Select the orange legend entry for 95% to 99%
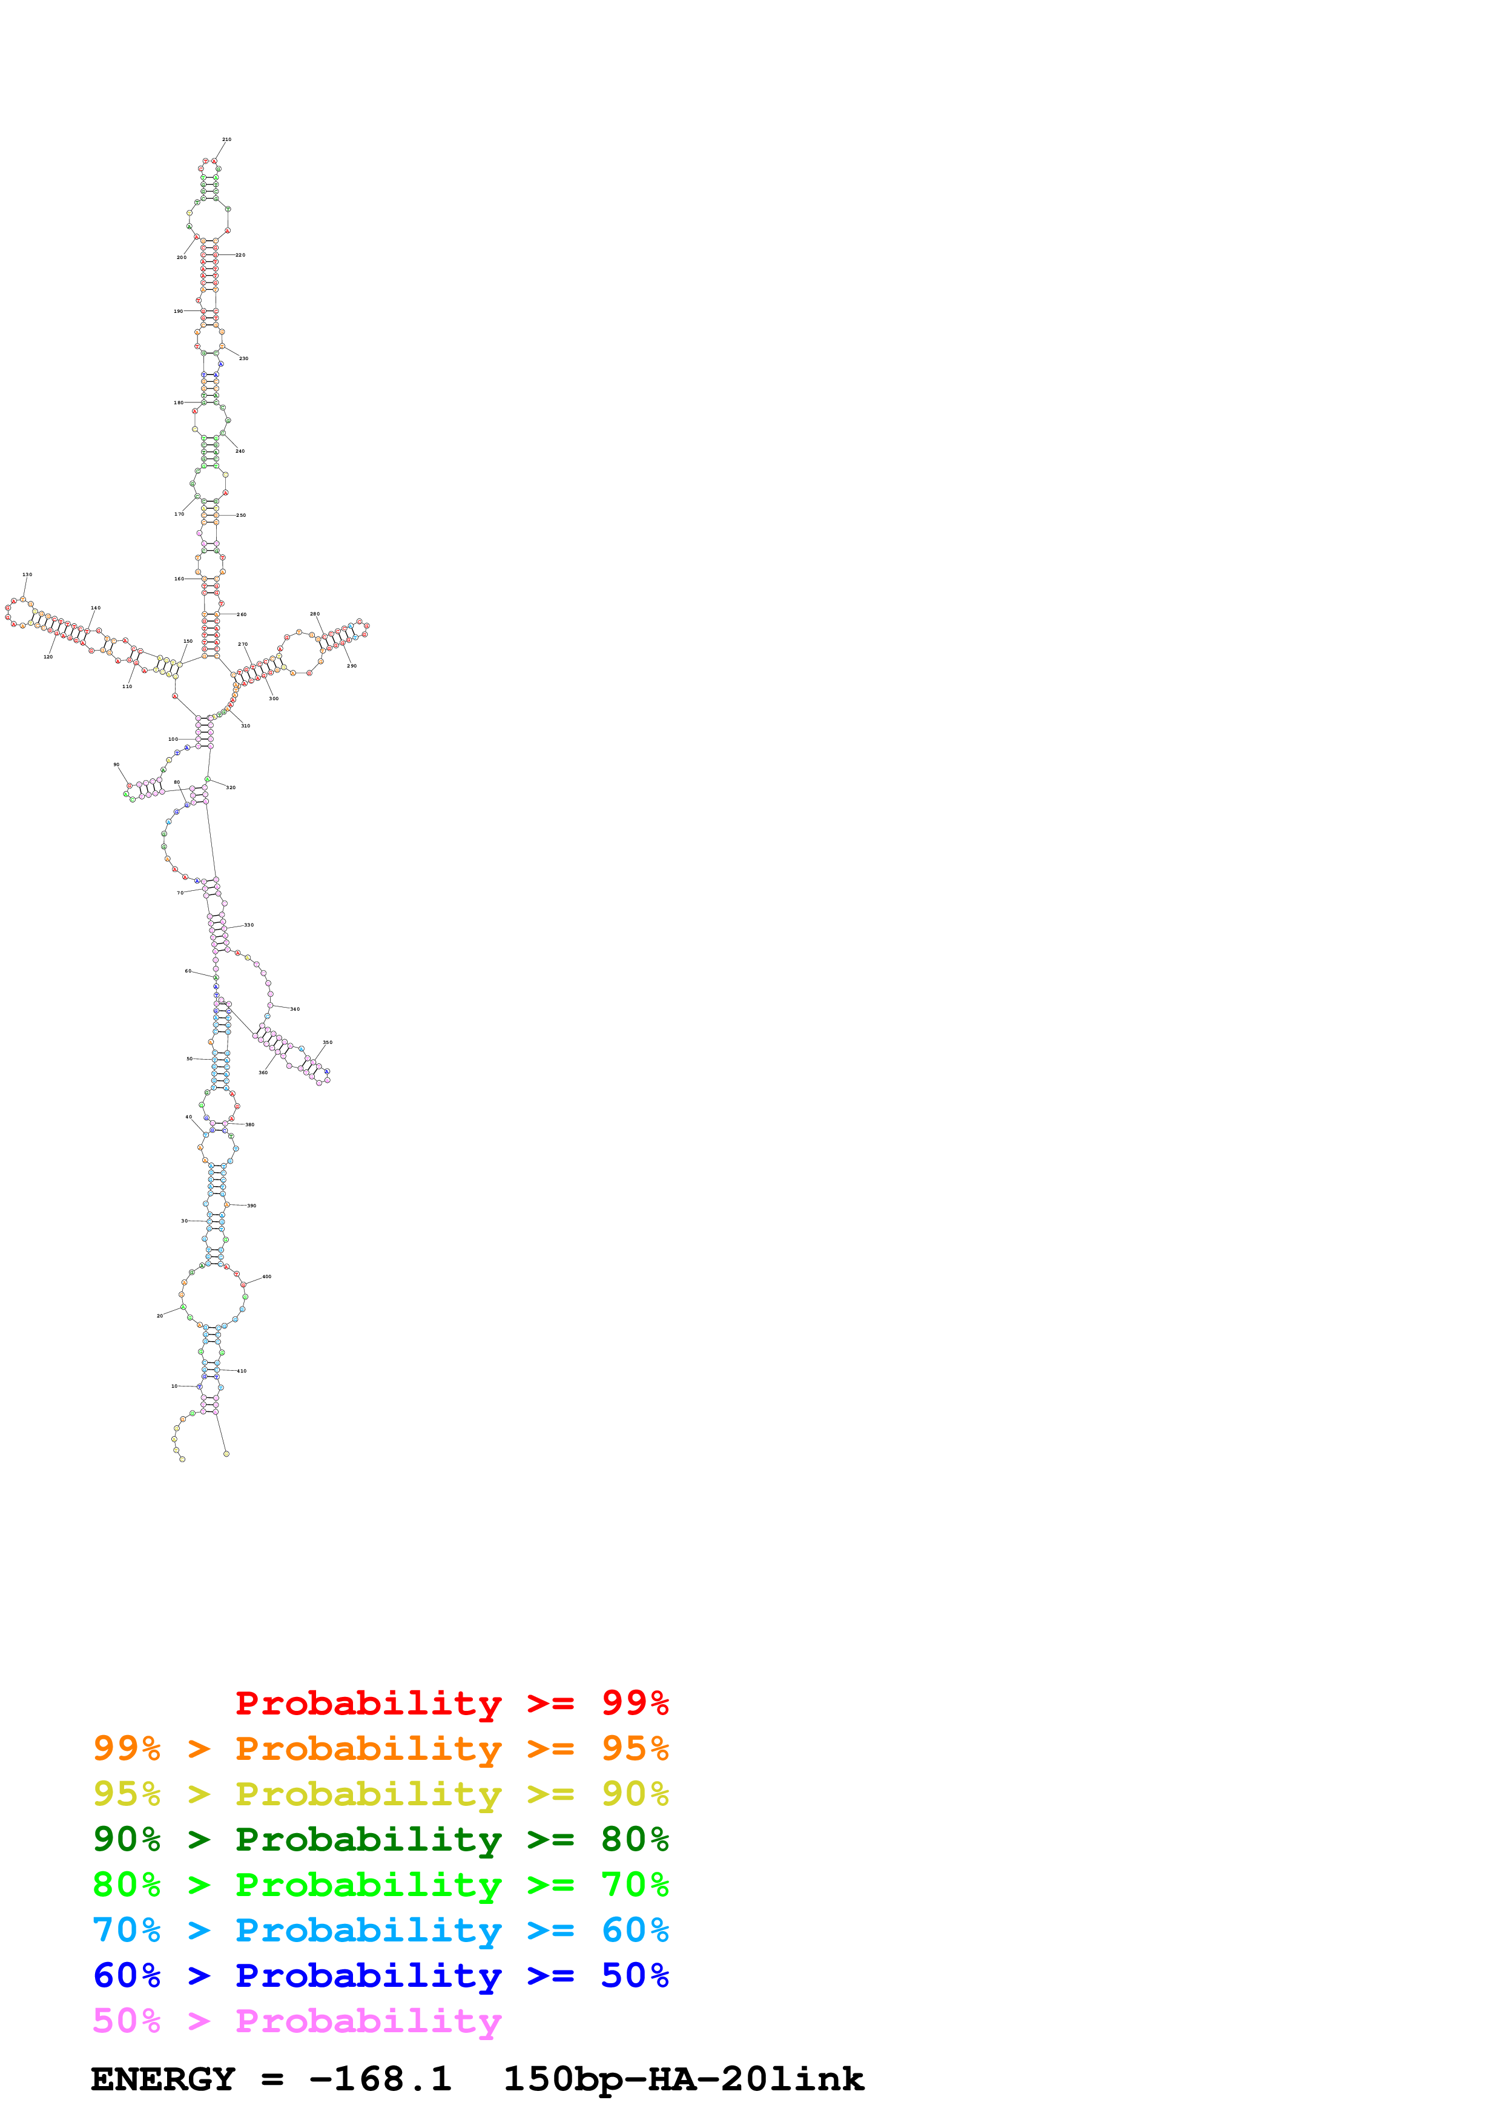click(x=380, y=1748)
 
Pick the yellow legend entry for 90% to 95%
click(x=380, y=1794)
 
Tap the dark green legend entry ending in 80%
click(x=380, y=1839)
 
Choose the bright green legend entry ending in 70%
click(x=380, y=1885)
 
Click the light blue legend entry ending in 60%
click(x=380, y=1930)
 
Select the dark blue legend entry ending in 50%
click(x=380, y=1975)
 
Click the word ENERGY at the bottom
click(x=163, y=2079)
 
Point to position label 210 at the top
click(x=226, y=140)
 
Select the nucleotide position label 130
click(x=27, y=574)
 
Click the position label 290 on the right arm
click(x=351, y=666)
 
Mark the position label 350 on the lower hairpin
click(x=328, y=1042)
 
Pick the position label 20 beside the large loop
click(x=160, y=1316)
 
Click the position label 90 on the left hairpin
click(x=116, y=765)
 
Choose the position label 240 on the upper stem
click(x=240, y=451)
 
